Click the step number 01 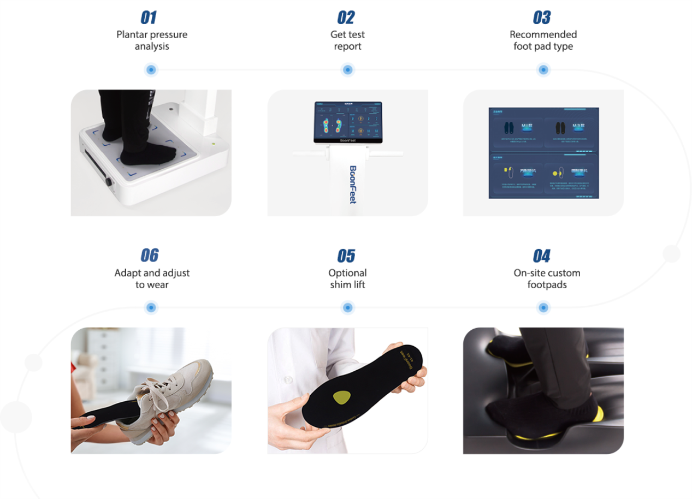[149, 17]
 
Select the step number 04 [541, 256]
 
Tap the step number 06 [149, 256]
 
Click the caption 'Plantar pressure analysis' [152, 40]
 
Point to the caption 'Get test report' [347, 40]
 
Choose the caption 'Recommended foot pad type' [543, 40]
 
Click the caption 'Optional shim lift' [347, 278]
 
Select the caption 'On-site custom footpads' [547, 278]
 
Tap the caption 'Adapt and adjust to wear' [152, 278]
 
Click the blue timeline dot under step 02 [347, 70]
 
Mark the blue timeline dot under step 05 [347, 308]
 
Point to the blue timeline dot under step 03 [543, 70]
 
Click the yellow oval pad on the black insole [342, 397]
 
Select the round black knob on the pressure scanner [108, 182]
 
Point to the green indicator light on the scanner [214, 144]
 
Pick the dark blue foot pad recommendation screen [543, 153]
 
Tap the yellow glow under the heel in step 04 [599, 414]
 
